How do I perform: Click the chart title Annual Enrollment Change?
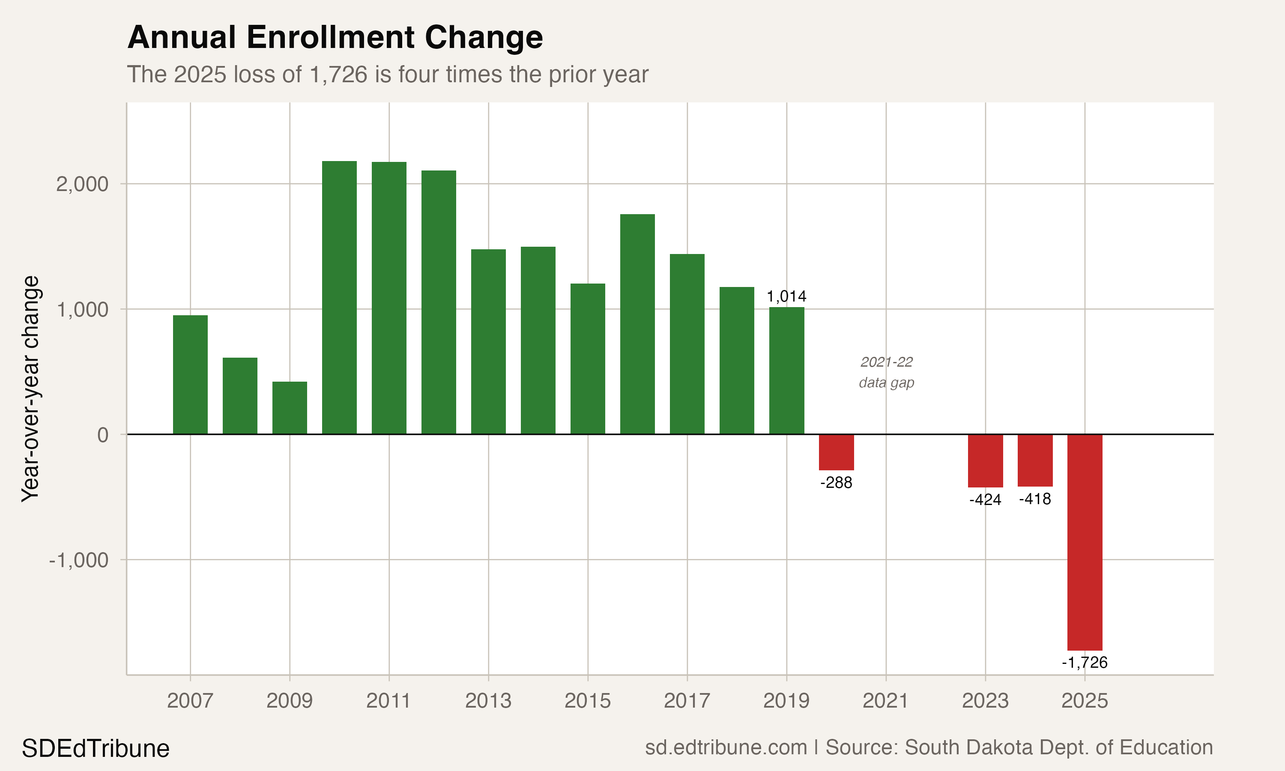tap(335, 38)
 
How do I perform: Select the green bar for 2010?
tap(339, 297)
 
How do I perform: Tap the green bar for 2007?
tap(190, 375)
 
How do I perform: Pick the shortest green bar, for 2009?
tap(289, 408)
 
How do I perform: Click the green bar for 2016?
tap(637, 324)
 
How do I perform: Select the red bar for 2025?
tap(1085, 542)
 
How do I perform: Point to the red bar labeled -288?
tap(836, 452)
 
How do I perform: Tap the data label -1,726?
tap(1085, 662)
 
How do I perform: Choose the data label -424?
tap(985, 499)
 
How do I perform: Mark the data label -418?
tap(1035, 499)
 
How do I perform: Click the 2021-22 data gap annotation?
tap(886, 372)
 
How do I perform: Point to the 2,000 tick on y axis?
tap(82, 184)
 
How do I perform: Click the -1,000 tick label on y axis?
tap(78, 560)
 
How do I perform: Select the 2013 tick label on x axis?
tap(488, 701)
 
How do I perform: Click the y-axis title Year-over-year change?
tap(30, 388)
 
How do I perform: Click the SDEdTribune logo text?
tap(96, 749)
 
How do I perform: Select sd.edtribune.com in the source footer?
tap(726, 747)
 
